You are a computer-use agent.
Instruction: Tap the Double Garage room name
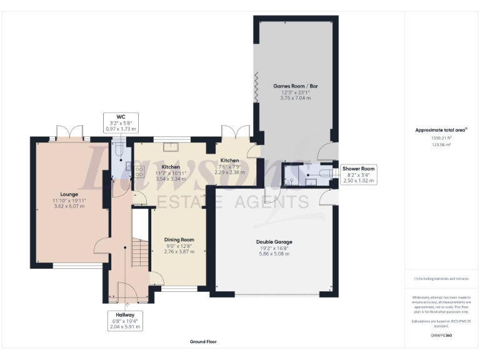click(274, 241)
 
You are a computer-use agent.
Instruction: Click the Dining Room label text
click(179, 239)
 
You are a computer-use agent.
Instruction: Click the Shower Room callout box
click(359, 174)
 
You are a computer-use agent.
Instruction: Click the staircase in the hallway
click(140, 253)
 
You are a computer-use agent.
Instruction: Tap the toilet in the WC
click(119, 147)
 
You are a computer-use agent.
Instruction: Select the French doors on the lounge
click(69, 133)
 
